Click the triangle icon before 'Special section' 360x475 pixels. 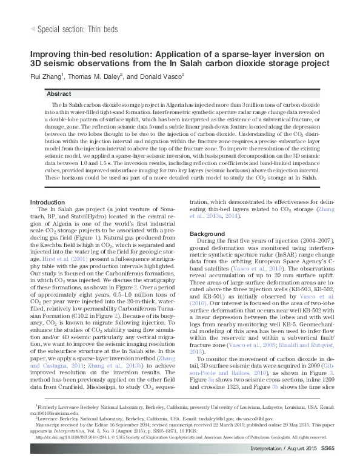click(x=33, y=29)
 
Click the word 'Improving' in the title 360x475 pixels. click(x=53, y=54)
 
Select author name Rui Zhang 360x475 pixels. click(x=47, y=76)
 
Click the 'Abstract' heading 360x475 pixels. click(x=59, y=94)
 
